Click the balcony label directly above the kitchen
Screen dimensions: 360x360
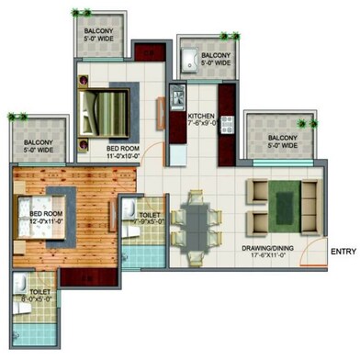200,59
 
